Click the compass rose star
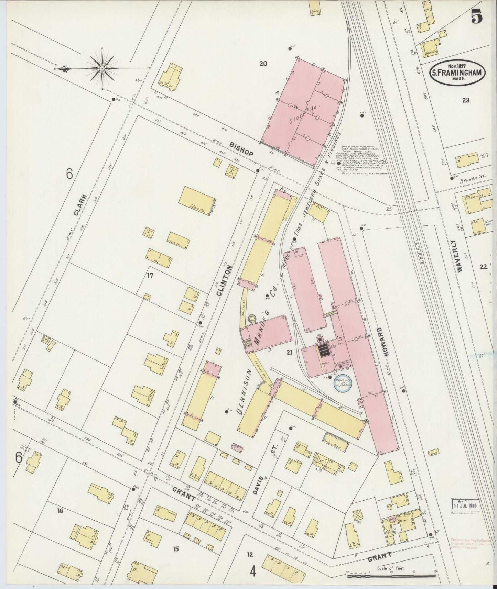pos(102,68)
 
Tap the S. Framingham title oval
pos(457,73)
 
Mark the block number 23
pos(466,100)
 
